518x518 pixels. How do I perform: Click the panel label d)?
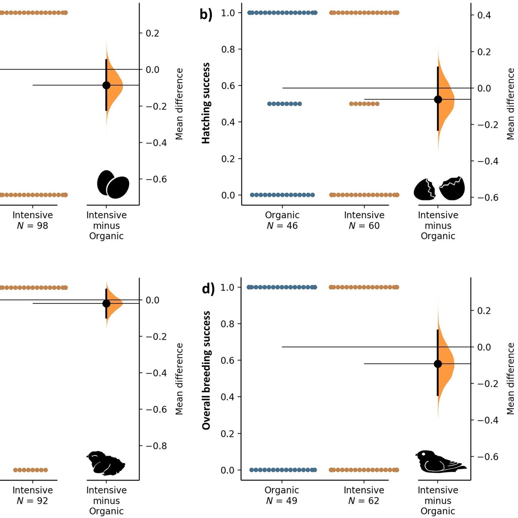(208, 288)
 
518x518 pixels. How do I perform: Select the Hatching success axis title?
(206, 103)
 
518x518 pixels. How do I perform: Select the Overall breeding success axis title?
(206, 371)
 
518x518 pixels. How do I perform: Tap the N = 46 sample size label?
(282, 226)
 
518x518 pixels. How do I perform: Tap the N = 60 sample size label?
(364, 226)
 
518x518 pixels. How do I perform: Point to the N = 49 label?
(282, 501)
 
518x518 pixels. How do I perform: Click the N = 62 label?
(364, 501)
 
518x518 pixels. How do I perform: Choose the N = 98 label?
(32, 226)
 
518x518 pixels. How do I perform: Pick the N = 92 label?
(32, 501)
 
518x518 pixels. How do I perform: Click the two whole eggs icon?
(113, 184)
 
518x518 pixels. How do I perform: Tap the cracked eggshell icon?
(439, 188)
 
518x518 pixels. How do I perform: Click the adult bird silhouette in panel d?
(439, 462)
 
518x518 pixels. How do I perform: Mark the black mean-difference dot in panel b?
(438, 100)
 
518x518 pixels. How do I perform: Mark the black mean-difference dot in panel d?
(438, 364)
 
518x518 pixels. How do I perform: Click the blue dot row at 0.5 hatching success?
(285, 104)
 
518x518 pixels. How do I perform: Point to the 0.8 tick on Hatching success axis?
(228, 49)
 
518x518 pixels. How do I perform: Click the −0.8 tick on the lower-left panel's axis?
(156, 446)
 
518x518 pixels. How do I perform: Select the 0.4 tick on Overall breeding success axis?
(228, 397)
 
